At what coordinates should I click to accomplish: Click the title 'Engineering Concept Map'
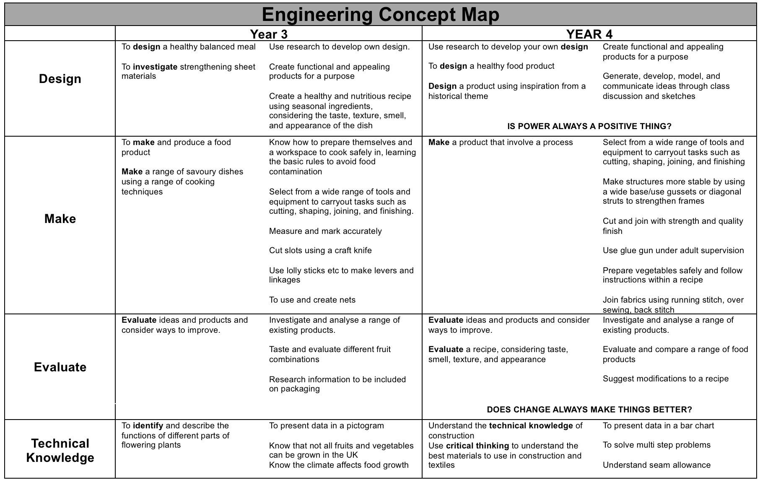pos(380,15)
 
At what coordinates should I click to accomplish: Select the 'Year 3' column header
pos(269,34)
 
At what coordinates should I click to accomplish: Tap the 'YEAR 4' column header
pos(589,34)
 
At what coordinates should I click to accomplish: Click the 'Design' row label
pos(60,79)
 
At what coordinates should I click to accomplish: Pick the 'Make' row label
pos(60,219)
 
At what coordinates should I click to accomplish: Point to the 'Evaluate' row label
pos(60,367)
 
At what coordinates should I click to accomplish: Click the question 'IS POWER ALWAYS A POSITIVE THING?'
pos(589,126)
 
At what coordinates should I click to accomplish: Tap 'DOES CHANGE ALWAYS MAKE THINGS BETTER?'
pos(589,409)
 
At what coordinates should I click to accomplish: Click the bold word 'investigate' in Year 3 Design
pos(155,67)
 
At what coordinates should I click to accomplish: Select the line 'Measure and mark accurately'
pos(325,231)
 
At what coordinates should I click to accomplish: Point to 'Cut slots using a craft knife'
pos(320,250)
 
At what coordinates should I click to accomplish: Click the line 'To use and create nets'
pos(312,300)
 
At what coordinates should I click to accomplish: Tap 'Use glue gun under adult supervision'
pos(673,250)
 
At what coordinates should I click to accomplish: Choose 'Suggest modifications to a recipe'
pos(666,378)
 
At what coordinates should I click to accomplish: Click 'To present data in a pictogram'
pos(327,425)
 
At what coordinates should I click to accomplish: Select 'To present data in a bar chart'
pos(658,425)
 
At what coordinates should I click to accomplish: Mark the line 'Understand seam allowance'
pos(656,465)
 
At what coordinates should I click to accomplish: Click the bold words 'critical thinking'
pos(477,446)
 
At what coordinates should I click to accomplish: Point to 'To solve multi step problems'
pos(656,445)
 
